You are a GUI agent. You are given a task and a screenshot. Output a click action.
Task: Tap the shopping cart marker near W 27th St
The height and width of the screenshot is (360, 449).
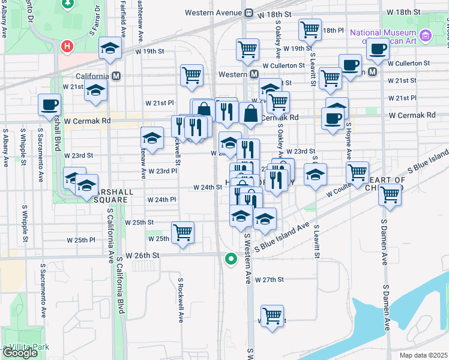273,316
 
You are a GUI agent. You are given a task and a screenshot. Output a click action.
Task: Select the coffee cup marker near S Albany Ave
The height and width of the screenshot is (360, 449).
49,105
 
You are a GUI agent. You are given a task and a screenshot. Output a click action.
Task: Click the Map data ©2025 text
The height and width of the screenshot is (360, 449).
423,355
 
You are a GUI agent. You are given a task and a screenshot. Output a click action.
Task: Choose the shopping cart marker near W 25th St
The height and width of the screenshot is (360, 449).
182,232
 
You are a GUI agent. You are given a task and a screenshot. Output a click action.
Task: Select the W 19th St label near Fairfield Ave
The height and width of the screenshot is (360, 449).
150,52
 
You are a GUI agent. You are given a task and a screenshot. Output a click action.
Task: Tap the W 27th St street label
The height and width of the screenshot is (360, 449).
268,280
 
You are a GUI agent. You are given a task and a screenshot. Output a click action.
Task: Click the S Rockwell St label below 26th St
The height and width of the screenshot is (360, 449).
179,299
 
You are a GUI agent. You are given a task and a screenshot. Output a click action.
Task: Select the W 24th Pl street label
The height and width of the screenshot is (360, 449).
161,199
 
